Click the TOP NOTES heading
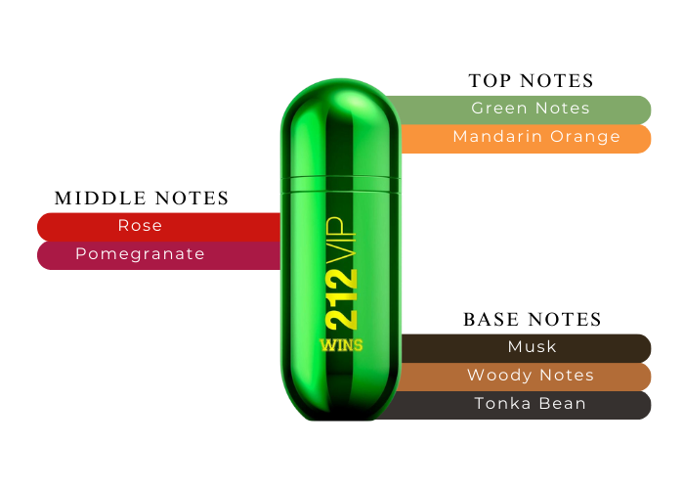531,81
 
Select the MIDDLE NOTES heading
142,199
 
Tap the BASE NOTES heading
532,320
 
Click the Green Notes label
531,109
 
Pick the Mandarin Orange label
536,137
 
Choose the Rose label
140,226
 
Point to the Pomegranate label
140,254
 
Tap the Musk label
532,347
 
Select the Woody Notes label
531,376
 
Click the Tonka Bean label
531,403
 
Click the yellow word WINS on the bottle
339,344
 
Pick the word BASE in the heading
492,320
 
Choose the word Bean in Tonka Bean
566,403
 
